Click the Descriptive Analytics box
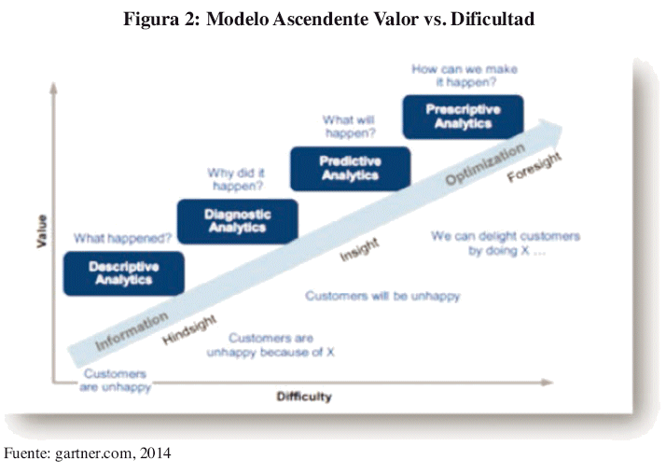(124, 273)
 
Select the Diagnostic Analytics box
(238, 221)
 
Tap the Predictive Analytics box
(351, 168)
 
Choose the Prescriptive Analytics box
(463, 117)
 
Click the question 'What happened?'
(122, 238)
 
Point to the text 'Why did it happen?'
(237, 179)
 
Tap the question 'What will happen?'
(349, 126)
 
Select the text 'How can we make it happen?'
(465, 76)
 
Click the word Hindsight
(189, 329)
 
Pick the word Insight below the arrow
(359, 249)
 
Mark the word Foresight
(534, 167)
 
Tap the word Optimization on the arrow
(485, 164)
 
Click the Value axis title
(41, 231)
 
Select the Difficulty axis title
(304, 397)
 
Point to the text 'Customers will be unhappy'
(382, 296)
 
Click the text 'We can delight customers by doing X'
(506, 243)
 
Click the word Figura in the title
(151, 20)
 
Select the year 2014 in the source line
(156, 453)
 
